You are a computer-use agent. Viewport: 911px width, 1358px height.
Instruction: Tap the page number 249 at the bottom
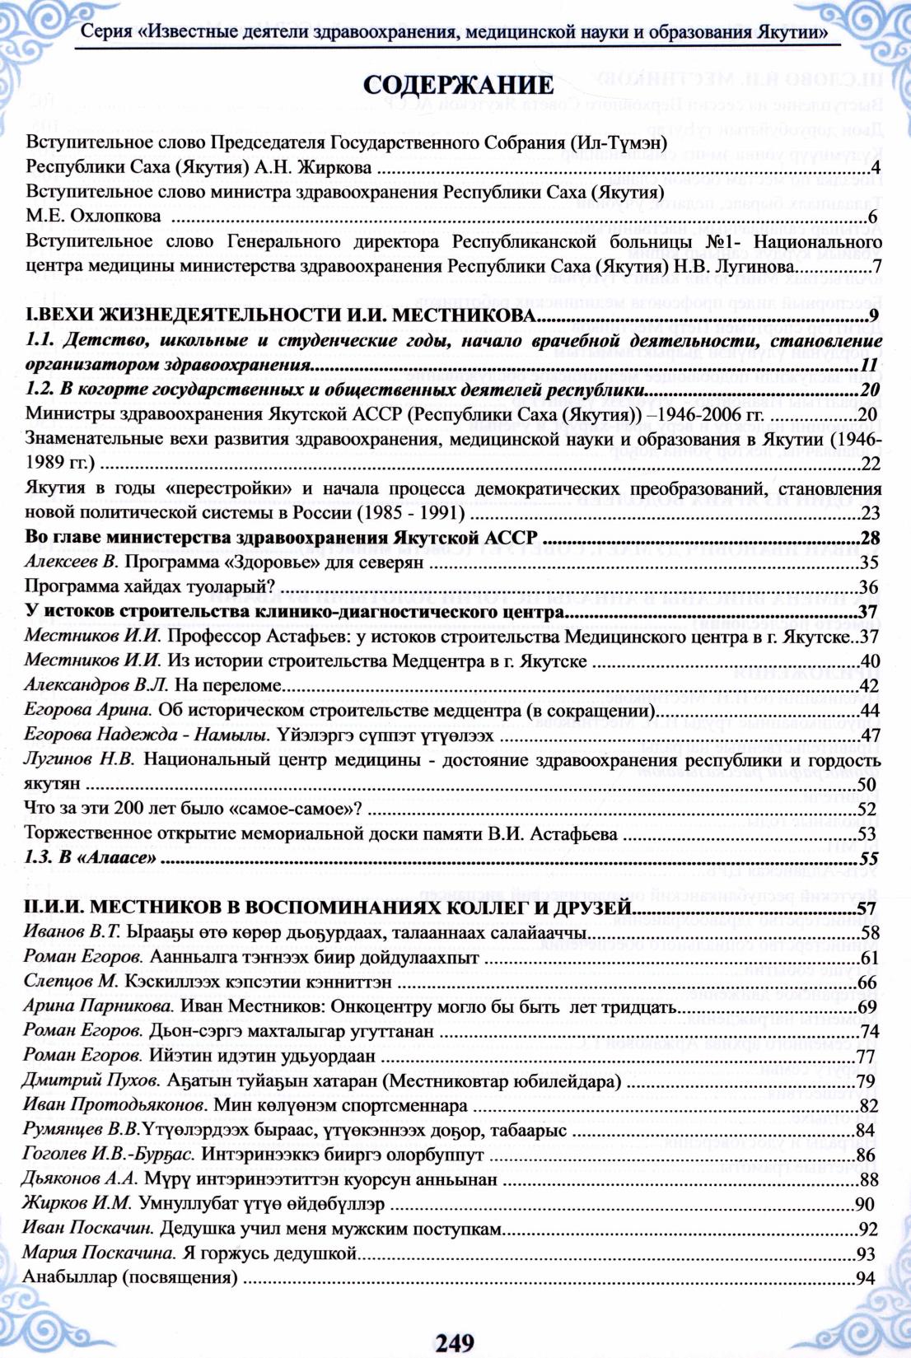coord(455,1342)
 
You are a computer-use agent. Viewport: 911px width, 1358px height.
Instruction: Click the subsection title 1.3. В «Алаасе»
coord(91,858)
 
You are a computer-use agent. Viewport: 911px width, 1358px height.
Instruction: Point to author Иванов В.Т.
coord(72,932)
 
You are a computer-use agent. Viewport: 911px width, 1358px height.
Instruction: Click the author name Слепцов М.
coord(72,982)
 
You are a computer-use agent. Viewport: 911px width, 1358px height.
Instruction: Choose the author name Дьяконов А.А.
coord(80,1179)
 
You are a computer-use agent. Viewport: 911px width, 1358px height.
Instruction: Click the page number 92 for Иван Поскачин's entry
coord(867,1230)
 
